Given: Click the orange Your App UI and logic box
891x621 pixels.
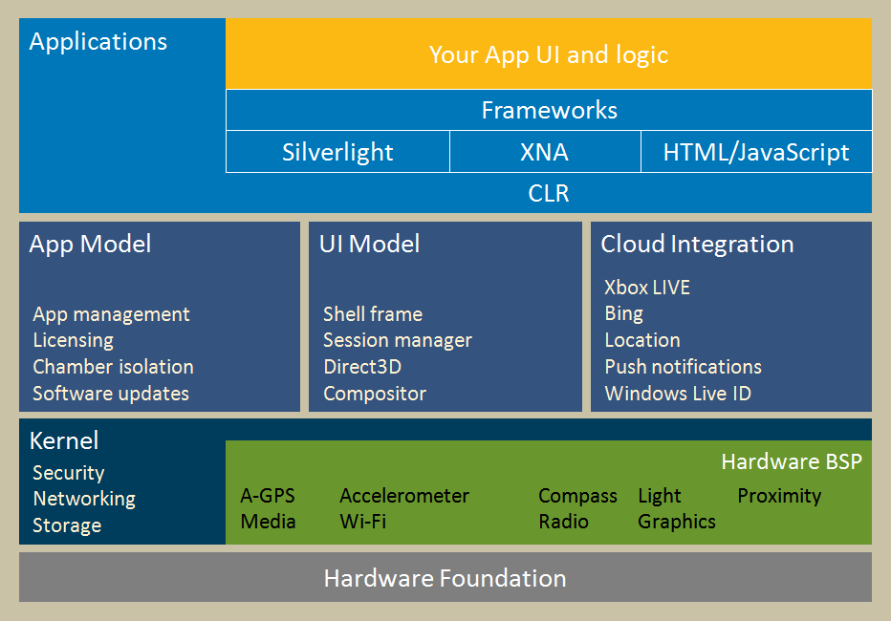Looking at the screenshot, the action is (549, 54).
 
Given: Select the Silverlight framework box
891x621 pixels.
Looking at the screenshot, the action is (337, 152).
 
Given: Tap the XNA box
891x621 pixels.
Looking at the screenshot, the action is (545, 152).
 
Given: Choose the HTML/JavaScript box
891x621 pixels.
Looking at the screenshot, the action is (756, 152).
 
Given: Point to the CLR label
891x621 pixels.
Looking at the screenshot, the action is (549, 193).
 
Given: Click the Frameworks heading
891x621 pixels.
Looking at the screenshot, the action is (550, 110).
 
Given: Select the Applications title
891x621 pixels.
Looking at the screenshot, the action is (98, 42).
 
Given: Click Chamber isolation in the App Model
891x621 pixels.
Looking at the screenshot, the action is (113, 367).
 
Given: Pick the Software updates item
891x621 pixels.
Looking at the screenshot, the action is (111, 394).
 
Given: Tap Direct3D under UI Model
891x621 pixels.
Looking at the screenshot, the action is (362, 367).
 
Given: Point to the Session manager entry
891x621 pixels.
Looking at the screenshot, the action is (398, 340).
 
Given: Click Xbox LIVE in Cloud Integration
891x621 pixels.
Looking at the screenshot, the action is (647, 288).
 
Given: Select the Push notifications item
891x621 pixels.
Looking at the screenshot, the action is (683, 367).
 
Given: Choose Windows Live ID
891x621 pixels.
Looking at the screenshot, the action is (678, 394).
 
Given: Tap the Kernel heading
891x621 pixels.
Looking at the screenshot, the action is (64, 441).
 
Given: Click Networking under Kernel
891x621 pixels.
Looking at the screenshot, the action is (84, 499).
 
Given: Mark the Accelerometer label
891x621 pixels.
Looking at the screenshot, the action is (404, 496).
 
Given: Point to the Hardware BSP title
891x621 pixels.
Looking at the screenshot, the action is (792, 461).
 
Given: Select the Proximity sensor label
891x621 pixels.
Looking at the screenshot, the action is (780, 496).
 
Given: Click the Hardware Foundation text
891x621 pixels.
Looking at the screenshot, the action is (445, 578).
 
